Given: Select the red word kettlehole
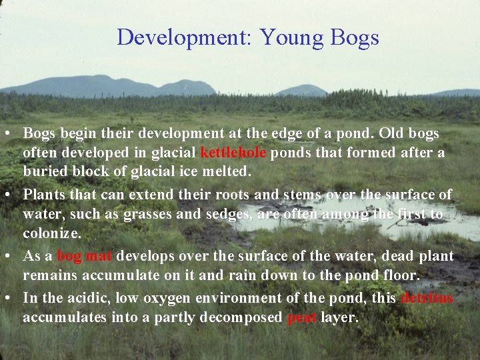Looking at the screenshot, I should click(x=233, y=153).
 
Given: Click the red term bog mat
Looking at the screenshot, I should click(x=85, y=256).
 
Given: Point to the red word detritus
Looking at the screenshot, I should click(x=427, y=298).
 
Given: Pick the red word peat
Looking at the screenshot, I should click(x=301, y=317).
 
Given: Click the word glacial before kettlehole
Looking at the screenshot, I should click(x=175, y=153).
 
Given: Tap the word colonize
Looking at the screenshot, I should click(x=52, y=234).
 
